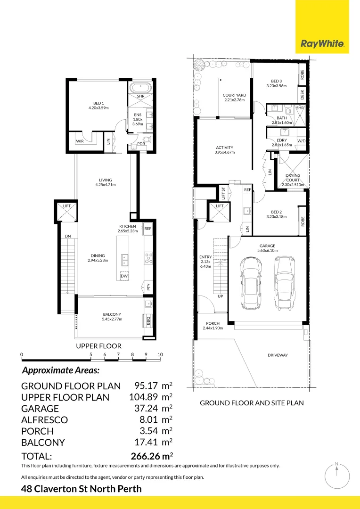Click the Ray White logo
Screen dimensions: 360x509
point(322,44)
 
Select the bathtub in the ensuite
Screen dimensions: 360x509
point(140,88)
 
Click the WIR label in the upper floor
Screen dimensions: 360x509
point(80,141)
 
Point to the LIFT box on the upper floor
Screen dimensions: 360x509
point(66,212)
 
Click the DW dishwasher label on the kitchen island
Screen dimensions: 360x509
point(124,276)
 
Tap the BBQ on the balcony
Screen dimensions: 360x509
point(148,321)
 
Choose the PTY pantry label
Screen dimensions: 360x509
point(148,287)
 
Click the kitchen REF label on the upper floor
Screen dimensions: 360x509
point(148,229)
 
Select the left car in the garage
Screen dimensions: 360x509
point(250,283)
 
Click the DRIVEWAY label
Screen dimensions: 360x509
point(278,355)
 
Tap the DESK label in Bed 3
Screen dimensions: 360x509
point(302,95)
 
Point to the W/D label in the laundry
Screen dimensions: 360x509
point(302,141)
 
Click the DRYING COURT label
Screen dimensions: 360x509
point(293,178)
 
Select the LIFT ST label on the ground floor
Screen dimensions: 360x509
point(223,194)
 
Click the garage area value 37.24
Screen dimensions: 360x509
point(146,408)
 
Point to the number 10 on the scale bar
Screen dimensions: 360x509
point(160,354)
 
